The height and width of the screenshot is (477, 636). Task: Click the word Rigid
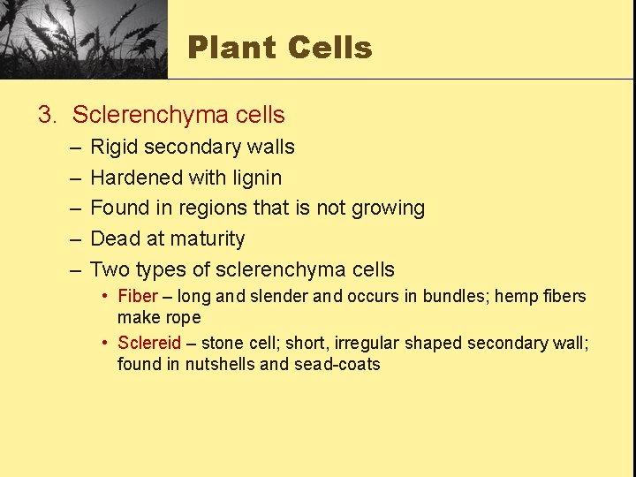[x=114, y=147]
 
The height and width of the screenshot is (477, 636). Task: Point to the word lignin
[x=257, y=178]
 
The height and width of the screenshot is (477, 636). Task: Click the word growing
[x=388, y=208]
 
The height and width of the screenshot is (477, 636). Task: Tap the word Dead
[x=116, y=238]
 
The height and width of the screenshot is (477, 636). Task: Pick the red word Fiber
[x=138, y=297]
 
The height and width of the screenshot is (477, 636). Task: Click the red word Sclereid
[x=149, y=343]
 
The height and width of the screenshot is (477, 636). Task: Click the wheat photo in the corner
[x=84, y=39]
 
